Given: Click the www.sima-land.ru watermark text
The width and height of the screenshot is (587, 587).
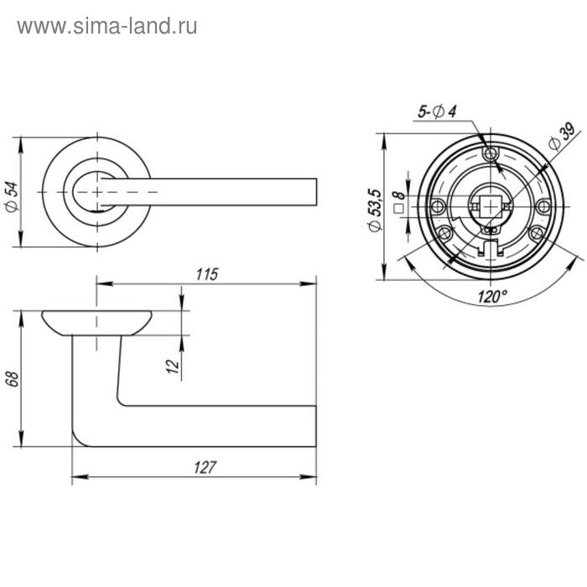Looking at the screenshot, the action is tap(107, 27).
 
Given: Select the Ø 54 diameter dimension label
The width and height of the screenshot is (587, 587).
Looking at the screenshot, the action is tap(12, 197).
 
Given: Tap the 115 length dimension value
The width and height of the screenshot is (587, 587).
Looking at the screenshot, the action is tap(207, 274).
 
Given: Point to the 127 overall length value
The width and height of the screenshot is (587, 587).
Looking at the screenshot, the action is tap(205, 467).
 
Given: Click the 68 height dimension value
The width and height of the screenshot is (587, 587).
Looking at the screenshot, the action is tap(12, 379).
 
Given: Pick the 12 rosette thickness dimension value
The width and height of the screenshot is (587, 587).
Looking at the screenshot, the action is tap(173, 366).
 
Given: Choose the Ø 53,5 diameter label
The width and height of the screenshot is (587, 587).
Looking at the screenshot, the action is tap(374, 210).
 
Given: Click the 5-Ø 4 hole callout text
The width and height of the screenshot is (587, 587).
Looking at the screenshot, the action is tap(437, 112).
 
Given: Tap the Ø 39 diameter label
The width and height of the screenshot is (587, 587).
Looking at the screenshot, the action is tap(562, 137).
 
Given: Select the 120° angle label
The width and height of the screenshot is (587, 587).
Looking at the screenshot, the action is tap(492, 297).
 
